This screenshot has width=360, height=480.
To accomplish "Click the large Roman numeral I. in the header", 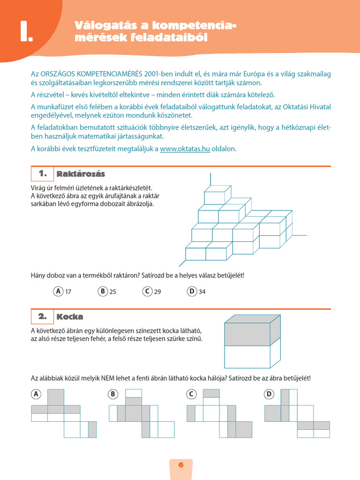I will (25, 32).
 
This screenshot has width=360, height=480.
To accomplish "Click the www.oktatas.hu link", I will (185, 149).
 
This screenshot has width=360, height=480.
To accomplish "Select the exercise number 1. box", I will (42, 174).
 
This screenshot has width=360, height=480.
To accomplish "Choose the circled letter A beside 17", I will (58, 292).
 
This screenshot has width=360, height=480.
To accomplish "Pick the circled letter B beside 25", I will (103, 292).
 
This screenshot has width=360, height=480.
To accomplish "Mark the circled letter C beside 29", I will (147, 292).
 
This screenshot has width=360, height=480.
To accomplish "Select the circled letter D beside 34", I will (192, 292).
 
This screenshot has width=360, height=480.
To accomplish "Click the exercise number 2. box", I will (42, 317).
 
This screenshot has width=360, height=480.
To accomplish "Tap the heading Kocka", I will (70, 317).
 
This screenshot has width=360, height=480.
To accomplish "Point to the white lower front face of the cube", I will (247, 356).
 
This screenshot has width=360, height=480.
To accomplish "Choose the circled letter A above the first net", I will (36, 395).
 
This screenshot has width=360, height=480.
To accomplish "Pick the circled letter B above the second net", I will (112, 395).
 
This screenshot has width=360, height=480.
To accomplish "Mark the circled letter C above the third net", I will (191, 395).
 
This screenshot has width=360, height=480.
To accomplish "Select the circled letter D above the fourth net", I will (269, 395).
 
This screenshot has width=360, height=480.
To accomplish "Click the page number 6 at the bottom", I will (180, 465).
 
